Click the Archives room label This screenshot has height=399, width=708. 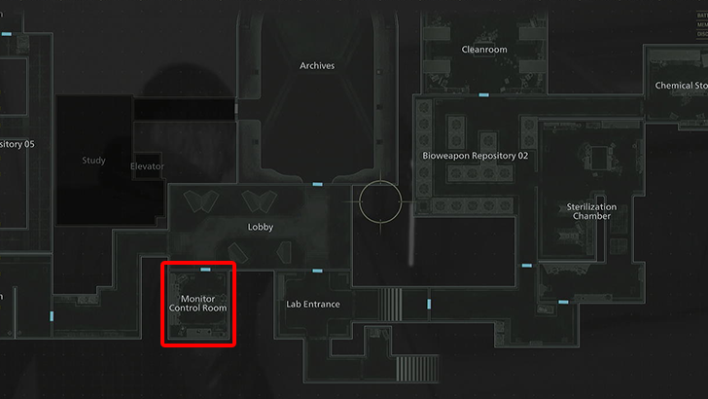pos(317,66)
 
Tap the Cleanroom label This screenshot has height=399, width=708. pos(483,50)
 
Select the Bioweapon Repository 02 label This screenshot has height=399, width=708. pos(476,156)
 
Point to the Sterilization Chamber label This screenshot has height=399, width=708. pos(591,211)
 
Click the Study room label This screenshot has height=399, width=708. pos(94,161)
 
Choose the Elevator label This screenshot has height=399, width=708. pos(148,166)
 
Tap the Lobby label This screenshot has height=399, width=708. pos(261,228)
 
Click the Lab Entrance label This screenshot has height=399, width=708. pos(313,304)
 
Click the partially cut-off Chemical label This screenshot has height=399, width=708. pos(681,86)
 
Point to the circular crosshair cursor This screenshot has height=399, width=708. pos(380,202)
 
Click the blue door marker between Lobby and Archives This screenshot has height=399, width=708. pos(317,184)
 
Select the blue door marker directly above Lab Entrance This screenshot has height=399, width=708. pos(317,271)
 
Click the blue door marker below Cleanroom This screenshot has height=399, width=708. pos(484,95)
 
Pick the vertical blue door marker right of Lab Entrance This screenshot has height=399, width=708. pos(429,305)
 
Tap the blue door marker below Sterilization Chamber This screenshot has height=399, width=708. pos(527,266)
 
